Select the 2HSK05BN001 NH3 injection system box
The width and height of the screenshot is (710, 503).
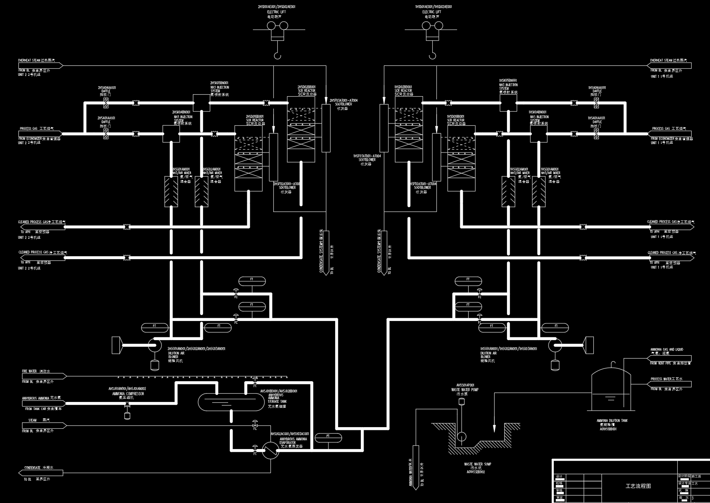[x=201, y=103]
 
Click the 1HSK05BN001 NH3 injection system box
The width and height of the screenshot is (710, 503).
[x=508, y=103]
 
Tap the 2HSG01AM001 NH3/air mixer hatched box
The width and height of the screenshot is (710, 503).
[x=171, y=192]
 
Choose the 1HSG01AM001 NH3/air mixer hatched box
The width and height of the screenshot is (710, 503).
[x=539, y=192]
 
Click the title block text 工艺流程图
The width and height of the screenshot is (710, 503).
[x=638, y=486]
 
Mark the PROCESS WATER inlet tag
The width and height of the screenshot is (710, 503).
[x=669, y=384]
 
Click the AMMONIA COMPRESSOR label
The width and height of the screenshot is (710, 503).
[x=128, y=394]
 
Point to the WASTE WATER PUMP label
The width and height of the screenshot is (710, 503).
[x=465, y=390]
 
